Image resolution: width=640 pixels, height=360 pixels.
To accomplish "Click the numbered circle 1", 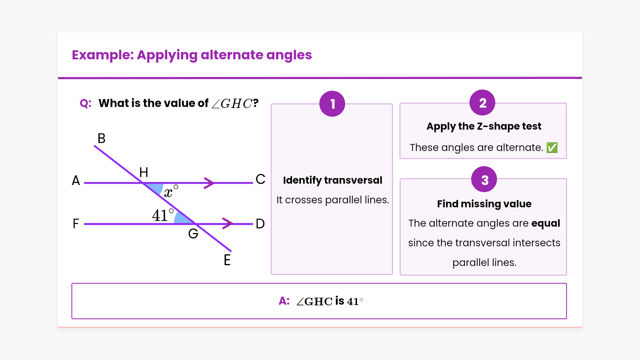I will (332, 104).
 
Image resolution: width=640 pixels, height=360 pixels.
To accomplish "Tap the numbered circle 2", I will (482, 103).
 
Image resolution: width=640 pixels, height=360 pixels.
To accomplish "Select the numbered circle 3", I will (484, 179).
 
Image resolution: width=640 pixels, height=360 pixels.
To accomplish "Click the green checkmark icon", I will (552, 147).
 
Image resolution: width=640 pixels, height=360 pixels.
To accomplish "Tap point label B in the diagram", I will (101, 138).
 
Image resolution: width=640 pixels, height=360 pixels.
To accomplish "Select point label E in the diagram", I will (227, 260).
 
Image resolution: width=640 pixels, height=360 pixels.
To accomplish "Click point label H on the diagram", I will (144, 172).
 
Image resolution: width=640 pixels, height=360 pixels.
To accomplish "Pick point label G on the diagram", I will (193, 234).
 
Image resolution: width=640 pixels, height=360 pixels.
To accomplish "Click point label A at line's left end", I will (76, 180).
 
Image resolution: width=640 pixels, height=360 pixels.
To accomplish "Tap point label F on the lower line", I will (76, 224).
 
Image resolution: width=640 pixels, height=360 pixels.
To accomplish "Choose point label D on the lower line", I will (260, 224).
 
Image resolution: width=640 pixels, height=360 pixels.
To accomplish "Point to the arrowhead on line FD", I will (228, 223).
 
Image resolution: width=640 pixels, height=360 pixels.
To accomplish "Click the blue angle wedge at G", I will (183, 219).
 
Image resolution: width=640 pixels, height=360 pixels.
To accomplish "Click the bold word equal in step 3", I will (545, 223).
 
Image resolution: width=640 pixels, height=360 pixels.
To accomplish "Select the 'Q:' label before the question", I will (85, 103).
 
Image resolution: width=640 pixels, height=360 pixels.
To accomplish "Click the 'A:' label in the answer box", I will (284, 301).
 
